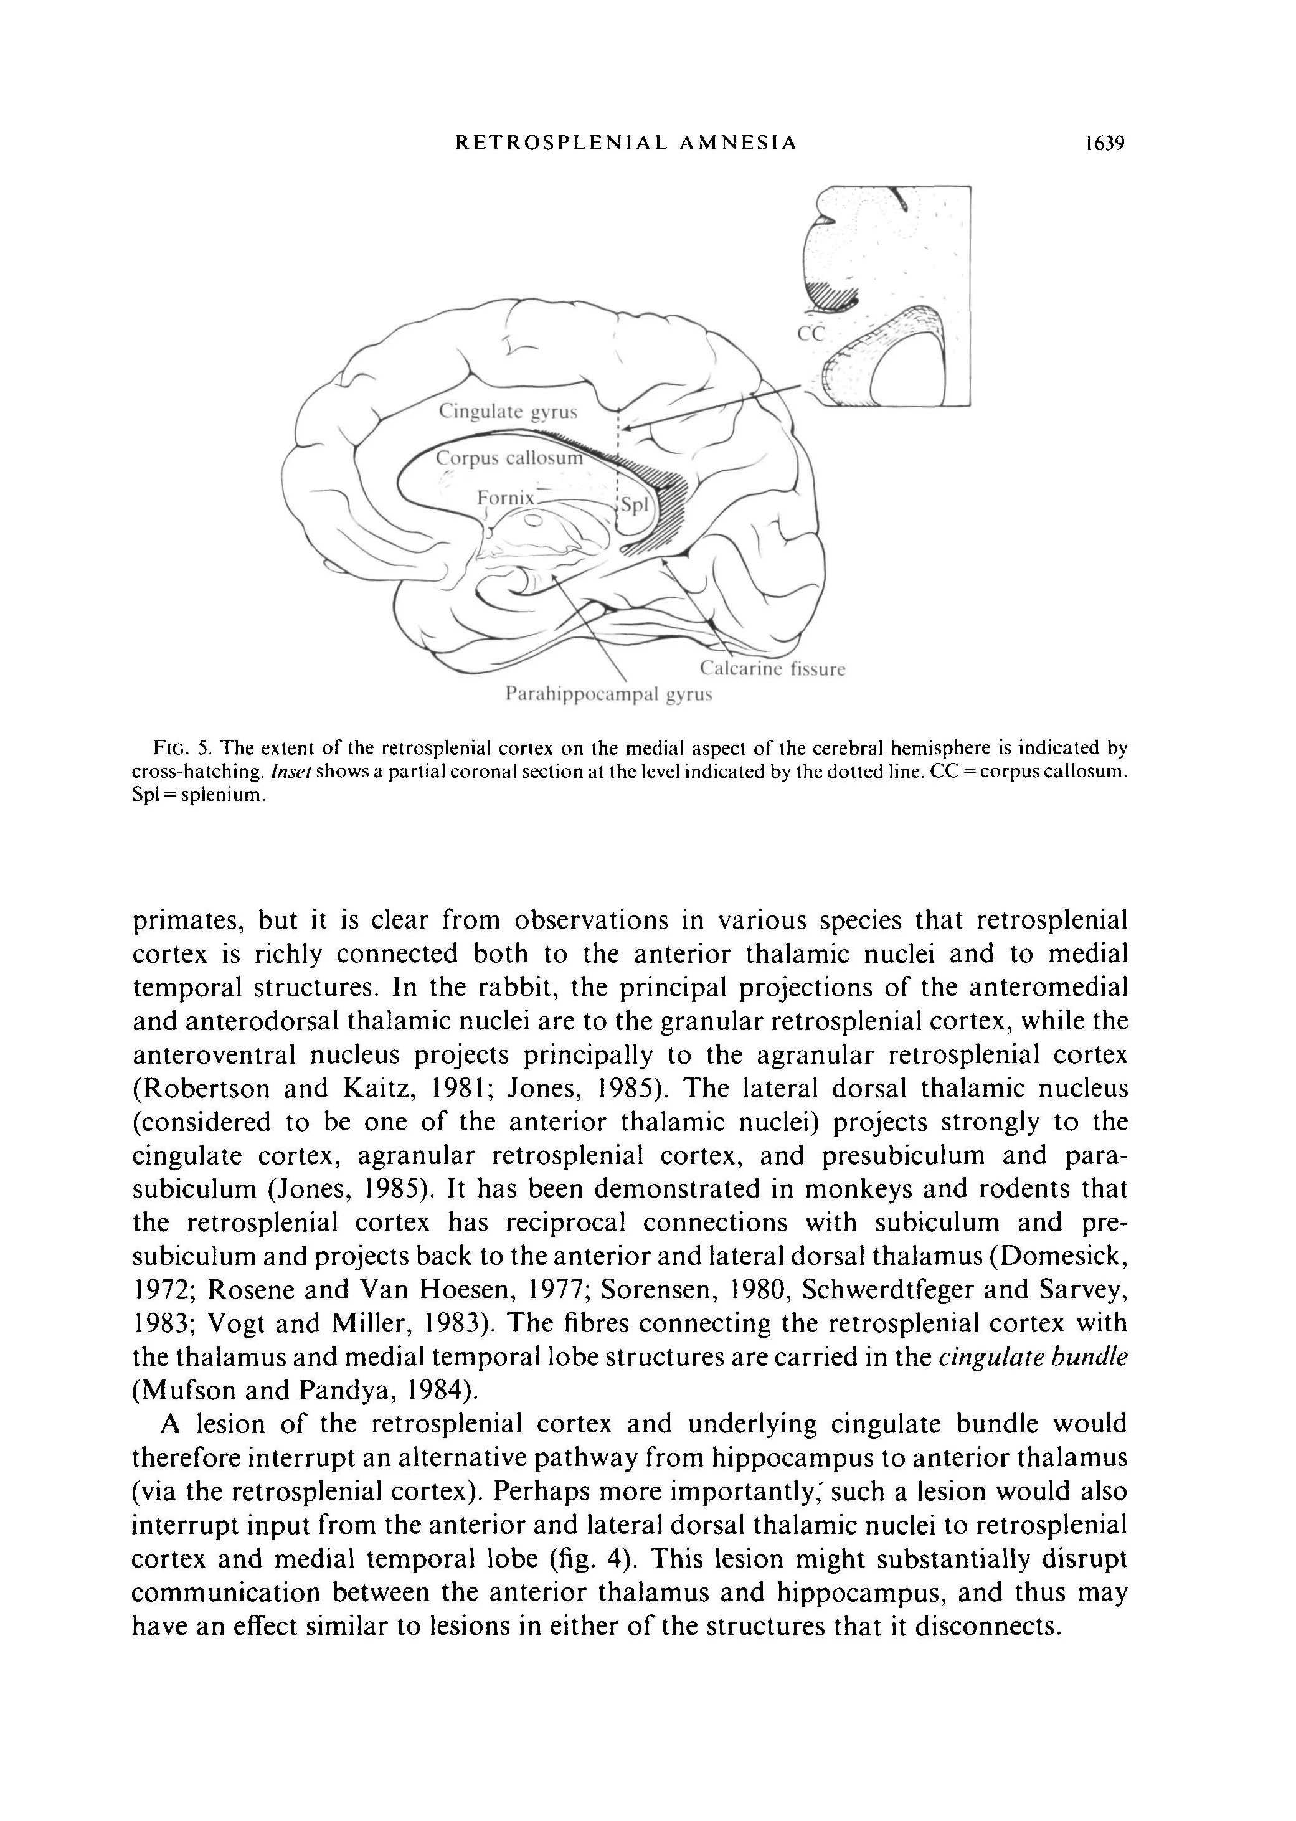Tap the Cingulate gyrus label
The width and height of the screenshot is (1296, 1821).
[x=508, y=412]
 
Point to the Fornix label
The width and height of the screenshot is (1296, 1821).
[x=504, y=498]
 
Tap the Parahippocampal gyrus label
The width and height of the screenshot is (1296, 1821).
[x=609, y=694]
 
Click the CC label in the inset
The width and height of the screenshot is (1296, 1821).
[x=810, y=334]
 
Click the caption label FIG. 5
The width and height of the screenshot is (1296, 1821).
[x=181, y=749]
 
